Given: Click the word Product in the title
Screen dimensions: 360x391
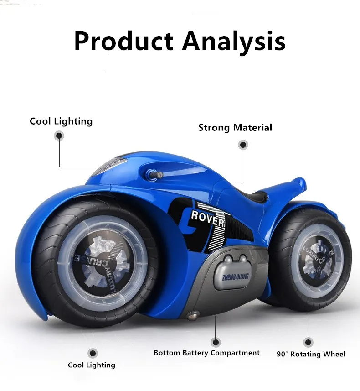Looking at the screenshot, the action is [123, 41].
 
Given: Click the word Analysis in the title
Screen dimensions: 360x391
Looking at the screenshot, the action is [233, 41].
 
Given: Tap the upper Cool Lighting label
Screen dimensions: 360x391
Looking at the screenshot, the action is [61, 121].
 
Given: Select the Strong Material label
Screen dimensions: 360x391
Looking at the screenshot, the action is [235, 128].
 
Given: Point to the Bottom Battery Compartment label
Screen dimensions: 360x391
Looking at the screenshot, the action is [206, 353].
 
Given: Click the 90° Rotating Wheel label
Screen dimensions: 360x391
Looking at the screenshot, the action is [311, 354].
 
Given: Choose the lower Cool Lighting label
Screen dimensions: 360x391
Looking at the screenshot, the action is [92, 365].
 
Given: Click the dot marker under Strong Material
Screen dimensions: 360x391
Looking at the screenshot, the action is [243, 145].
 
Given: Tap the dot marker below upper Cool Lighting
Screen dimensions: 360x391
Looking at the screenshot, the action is [59, 136].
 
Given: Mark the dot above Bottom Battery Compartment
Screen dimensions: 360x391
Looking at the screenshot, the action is [216, 342].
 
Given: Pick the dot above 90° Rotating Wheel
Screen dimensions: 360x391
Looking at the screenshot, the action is [309, 342].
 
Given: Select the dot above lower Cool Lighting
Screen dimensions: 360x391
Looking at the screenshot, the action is [93, 353].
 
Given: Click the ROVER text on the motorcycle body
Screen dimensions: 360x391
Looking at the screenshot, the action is [207, 218].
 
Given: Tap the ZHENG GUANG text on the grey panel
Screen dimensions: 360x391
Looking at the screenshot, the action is [235, 276].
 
